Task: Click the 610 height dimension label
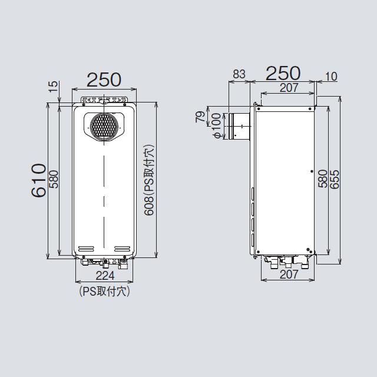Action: tap(38, 180)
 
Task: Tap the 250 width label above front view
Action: tap(104, 80)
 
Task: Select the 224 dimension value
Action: tap(105, 276)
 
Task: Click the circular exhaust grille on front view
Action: tap(104, 125)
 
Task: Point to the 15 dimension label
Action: tap(54, 87)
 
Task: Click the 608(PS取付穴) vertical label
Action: tap(149, 180)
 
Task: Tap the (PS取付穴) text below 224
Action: tap(104, 292)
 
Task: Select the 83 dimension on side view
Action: tap(239, 74)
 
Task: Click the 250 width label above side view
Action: tap(283, 73)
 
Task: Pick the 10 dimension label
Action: tap(331, 77)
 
